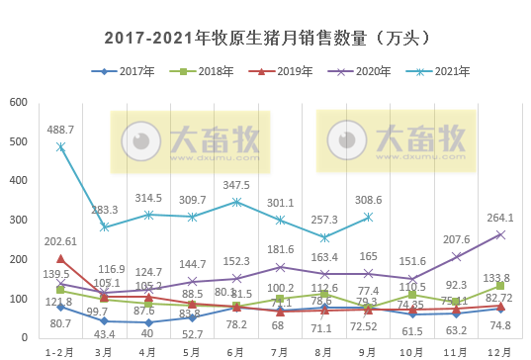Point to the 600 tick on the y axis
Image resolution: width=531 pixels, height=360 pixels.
(x=17, y=103)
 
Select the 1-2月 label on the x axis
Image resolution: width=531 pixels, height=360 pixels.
(x=61, y=350)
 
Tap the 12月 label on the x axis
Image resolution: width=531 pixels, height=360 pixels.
(x=499, y=350)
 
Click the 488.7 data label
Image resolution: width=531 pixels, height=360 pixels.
(x=61, y=130)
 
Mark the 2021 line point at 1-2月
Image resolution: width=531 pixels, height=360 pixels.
(x=61, y=146)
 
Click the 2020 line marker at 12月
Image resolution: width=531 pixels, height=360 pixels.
(x=499, y=234)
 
